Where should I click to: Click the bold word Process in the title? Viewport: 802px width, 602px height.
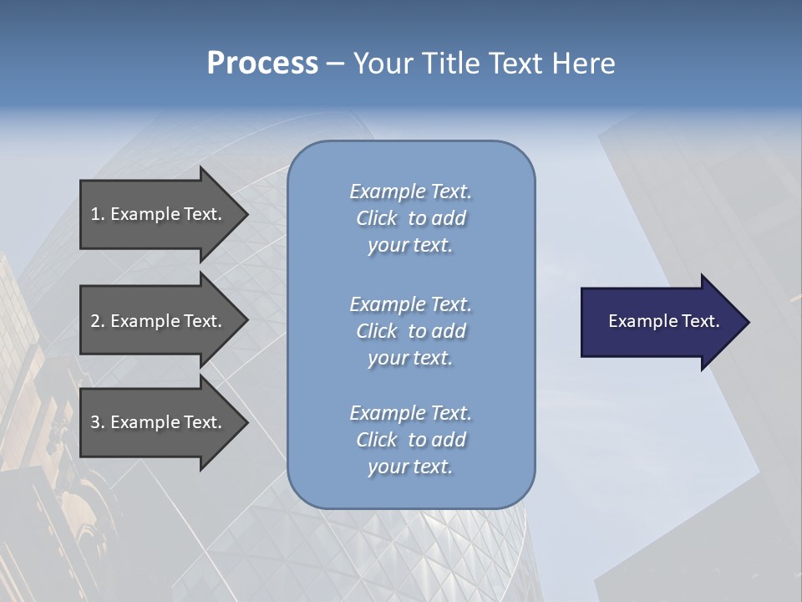tap(262, 64)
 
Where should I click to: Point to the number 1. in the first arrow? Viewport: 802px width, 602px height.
tap(98, 214)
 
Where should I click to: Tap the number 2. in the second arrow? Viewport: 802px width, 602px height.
tap(98, 321)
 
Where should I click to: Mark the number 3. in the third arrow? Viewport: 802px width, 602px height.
tap(98, 422)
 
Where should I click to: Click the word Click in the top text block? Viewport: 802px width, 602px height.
tap(377, 218)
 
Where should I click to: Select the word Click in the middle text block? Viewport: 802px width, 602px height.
tap(377, 331)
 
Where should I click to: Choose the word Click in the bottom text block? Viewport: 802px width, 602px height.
tap(377, 440)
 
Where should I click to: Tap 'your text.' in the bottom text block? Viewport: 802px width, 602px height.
tap(410, 467)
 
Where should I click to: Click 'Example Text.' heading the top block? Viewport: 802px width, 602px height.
tap(410, 191)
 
